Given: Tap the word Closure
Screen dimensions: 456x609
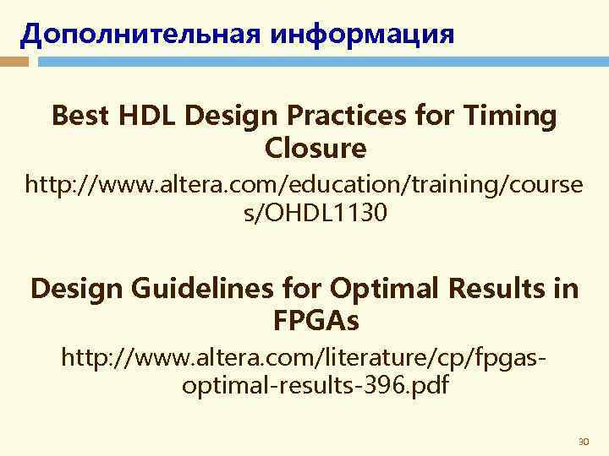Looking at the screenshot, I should (315, 149).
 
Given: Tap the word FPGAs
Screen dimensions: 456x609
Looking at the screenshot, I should (315, 321).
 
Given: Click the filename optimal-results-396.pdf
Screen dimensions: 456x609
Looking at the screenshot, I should (315, 386).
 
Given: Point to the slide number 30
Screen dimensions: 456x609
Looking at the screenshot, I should (582, 442).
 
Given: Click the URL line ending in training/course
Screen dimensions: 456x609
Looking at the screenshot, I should (304, 182).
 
